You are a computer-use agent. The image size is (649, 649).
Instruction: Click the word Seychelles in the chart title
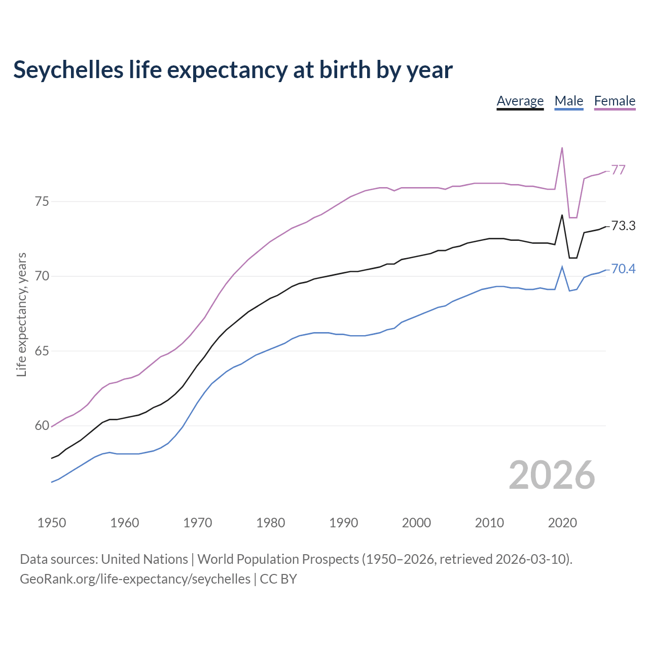coord(68,70)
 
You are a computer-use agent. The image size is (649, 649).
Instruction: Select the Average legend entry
coord(520,101)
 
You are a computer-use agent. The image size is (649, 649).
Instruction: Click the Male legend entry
coord(569,101)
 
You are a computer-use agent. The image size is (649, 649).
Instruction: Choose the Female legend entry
coord(615,101)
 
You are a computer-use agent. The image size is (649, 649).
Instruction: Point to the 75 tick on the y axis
coord(42,201)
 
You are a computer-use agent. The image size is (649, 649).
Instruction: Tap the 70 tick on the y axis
coord(42,276)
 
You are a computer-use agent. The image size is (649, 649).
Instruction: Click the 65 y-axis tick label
coord(42,351)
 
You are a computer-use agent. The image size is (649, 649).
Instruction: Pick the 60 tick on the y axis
coord(42,426)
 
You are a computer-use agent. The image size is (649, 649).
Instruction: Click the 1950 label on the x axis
coord(52,523)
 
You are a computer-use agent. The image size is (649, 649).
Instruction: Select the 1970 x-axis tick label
coord(197,523)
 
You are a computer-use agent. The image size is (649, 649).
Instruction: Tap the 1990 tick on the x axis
coord(343,523)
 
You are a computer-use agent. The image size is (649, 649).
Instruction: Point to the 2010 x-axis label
coord(489,523)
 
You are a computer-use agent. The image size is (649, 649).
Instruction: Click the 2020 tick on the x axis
coord(562,523)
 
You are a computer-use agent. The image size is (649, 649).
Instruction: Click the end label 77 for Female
coord(618,170)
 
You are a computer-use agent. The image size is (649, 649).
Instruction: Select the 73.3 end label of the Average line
coord(623,226)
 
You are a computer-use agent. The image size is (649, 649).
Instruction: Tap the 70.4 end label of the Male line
coord(623,269)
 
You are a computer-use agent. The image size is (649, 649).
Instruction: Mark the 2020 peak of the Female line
coord(562,148)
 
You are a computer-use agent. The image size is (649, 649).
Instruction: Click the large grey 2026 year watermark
coord(552,475)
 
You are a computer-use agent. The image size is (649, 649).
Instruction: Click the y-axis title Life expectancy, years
coord(22,315)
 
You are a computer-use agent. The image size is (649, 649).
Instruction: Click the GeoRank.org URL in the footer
coord(135,579)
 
